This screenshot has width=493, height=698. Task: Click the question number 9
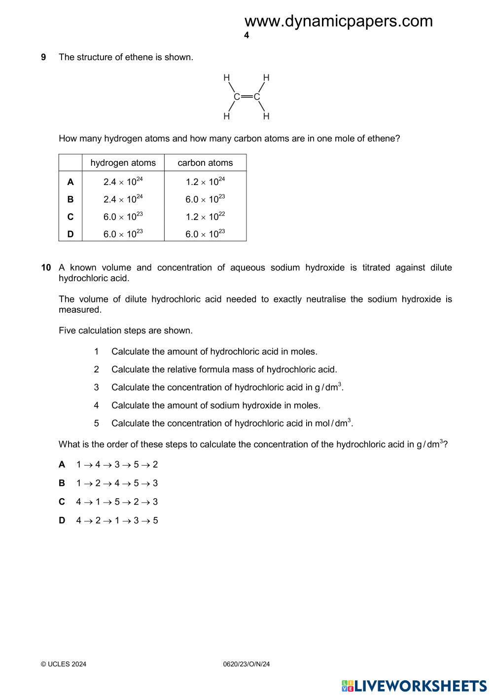tap(43, 57)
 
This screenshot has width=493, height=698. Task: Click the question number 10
tap(46, 268)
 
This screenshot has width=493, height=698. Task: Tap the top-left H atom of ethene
tap(227, 77)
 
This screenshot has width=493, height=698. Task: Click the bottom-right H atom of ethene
tap(266, 116)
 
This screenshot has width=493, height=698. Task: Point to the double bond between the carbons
tap(246, 97)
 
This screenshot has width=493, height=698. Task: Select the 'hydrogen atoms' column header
tap(123, 163)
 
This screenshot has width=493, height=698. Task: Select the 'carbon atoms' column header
tap(205, 163)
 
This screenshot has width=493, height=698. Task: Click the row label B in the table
tap(70, 199)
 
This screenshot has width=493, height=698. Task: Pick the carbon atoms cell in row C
tap(205, 217)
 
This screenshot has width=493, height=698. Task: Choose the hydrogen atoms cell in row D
tap(123, 234)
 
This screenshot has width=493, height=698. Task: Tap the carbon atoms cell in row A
tap(205, 182)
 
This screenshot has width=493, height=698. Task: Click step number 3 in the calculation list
tap(97, 388)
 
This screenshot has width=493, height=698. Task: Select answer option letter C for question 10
tap(62, 502)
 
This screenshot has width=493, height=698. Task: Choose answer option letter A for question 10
tap(62, 465)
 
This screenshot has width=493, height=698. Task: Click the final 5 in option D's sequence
tap(156, 521)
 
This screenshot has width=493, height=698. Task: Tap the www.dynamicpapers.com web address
tap(338, 21)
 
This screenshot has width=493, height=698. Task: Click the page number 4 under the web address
tap(246, 36)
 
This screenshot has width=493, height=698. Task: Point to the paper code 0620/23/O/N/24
tap(246, 664)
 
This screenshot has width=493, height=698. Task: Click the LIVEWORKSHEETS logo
tap(414, 686)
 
